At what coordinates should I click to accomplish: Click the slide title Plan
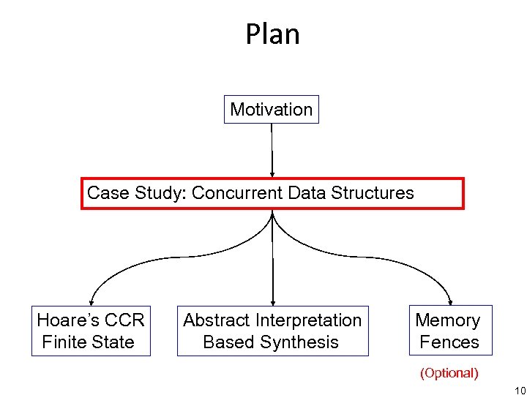coord(272,34)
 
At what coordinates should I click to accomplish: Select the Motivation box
coord(271,110)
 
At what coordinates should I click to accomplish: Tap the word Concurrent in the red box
coord(237,193)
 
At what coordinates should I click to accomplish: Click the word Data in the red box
coord(307,193)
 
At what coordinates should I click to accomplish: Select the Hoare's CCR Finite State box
coord(91,331)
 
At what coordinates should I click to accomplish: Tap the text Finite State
coord(89,342)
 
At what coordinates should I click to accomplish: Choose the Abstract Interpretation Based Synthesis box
coord(272,331)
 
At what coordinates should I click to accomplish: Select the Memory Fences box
coord(448,331)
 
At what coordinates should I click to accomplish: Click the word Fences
coord(449,342)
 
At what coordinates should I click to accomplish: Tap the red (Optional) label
coord(449,373)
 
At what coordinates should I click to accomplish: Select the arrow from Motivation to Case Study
coord(272,150)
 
